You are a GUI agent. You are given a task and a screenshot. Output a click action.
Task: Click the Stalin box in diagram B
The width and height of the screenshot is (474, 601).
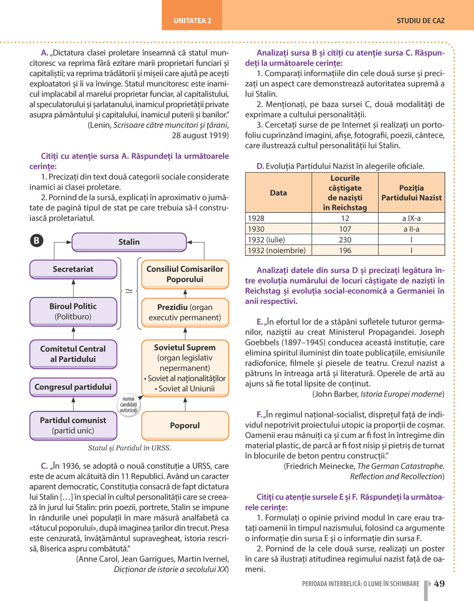pyautogui.click(x=129, y=242)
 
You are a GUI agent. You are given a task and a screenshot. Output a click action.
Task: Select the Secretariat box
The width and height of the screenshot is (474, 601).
pyautogui.click(x=73, y=269)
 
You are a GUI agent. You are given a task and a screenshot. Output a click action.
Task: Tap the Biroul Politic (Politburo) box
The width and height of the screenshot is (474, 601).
pyautogui.click(x=73, y=311)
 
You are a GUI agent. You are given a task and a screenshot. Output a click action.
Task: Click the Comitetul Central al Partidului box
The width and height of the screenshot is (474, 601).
pyautogui.click(x=73, y=354)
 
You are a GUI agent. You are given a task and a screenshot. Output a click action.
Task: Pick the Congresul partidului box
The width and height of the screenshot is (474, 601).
pyautogui.click(x=73, y=387)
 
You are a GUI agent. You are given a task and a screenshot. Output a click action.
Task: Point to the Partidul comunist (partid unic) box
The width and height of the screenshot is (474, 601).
pyautogui.click(x=73, y=425)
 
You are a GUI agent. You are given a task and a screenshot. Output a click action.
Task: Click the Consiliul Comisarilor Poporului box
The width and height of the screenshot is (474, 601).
pyautogui.click(x=185, y=274)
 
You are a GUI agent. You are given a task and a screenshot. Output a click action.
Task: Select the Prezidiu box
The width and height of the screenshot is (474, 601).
pyautogui.click(x=185, y=312)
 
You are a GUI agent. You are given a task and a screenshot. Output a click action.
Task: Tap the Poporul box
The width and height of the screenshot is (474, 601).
pyautogui.click(x=185, y=425)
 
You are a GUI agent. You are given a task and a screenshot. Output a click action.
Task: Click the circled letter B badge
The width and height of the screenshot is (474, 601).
pyautogui.click(x=36, y=240)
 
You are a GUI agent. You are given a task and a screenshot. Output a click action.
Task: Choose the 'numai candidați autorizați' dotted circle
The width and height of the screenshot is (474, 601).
pyautogui.click(x=128, y=405)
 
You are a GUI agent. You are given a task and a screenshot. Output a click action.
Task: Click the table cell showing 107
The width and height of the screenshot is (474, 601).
pyautogui.click(x=345, y=229)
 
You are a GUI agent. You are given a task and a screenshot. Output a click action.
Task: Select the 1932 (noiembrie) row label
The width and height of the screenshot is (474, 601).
pyautogui.click(x=277, y=250)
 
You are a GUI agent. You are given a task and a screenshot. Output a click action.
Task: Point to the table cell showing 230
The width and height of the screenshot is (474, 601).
pyautogui.click(x=345, y=240)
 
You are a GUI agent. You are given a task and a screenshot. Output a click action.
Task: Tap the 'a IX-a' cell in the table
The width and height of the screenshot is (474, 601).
pyautogui.click(x=411, y=218)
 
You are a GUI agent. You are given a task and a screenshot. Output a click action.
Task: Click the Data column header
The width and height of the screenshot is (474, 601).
pyautogui.click(x=278, y=193)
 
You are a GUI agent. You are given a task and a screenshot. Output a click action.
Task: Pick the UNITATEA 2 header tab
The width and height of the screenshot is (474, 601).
pyautogui.click(x=192, y=21)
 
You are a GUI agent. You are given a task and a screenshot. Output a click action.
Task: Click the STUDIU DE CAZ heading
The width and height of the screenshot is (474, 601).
pyautogui.click(x=420, y=21)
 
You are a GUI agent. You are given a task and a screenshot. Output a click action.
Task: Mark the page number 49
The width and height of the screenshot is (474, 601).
pyautogui.click(x=439, y=583)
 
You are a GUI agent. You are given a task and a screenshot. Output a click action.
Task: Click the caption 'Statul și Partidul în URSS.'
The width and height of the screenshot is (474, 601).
pyautogui.click(x=129, y=448)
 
